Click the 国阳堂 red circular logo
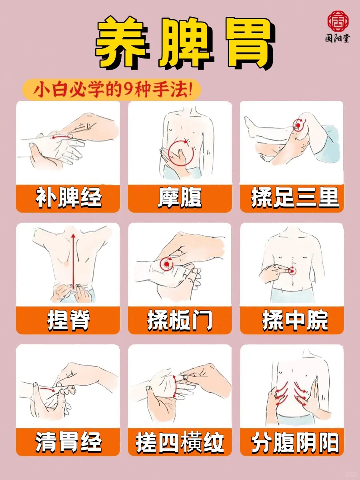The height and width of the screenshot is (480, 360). pos(338,21)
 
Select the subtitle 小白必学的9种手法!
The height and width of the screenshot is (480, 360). pos(113,90)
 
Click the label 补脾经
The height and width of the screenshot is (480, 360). pos(68,198)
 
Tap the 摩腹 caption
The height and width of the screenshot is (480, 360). pos(180,198)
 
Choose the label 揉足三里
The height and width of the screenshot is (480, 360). pos(294,198)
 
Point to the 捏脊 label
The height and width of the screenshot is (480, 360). pos(68,320)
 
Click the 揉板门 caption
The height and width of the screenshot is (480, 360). pos(180,320)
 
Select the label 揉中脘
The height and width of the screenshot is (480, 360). pos(294,320)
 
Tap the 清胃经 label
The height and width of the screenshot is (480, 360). pos(68,442)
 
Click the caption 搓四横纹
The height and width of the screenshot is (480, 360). pos(180,442)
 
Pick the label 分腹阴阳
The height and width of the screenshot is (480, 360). pos(294,442)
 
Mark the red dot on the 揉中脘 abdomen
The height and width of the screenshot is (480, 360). pos(292,271)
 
